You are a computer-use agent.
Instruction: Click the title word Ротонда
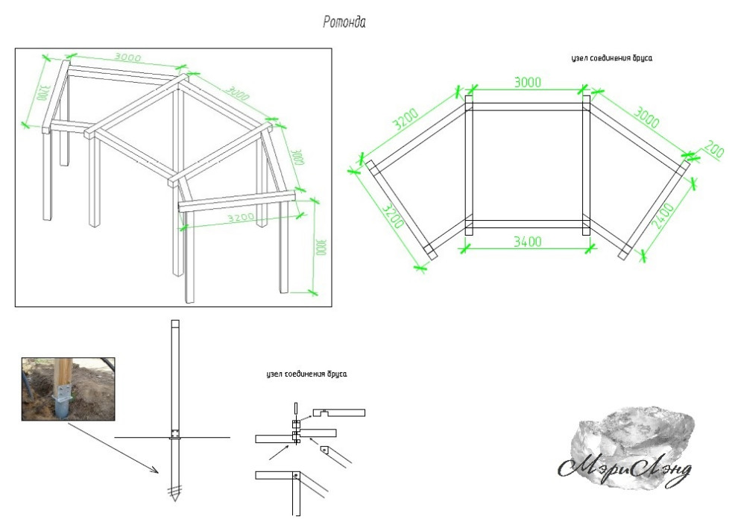point(344,23)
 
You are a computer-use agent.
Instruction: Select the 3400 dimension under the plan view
point(527,242)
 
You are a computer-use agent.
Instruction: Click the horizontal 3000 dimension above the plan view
point(527,82)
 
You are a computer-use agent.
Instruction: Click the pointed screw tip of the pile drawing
point(174,495)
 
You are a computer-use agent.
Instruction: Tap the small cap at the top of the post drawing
point(174,325)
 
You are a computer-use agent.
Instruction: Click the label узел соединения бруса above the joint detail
point(306,374)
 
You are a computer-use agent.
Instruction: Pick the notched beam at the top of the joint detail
point(339,412)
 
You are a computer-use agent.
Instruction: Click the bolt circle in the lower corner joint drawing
point(297,475)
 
